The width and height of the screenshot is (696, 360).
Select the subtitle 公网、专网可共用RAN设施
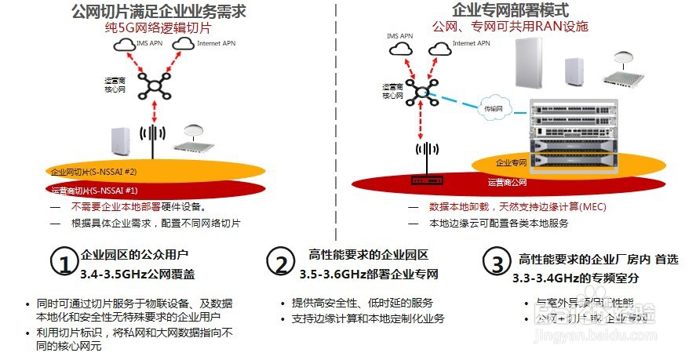(x=509, y=26)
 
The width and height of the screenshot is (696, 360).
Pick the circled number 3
(x=497, y=264)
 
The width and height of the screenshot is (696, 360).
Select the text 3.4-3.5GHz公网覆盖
(x=137, y=274)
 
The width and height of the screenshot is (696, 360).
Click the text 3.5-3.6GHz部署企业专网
(x=369, y=275)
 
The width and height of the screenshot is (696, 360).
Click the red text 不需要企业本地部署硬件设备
(x=138, y=207)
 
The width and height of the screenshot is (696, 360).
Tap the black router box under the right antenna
(x=427, y=181)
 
